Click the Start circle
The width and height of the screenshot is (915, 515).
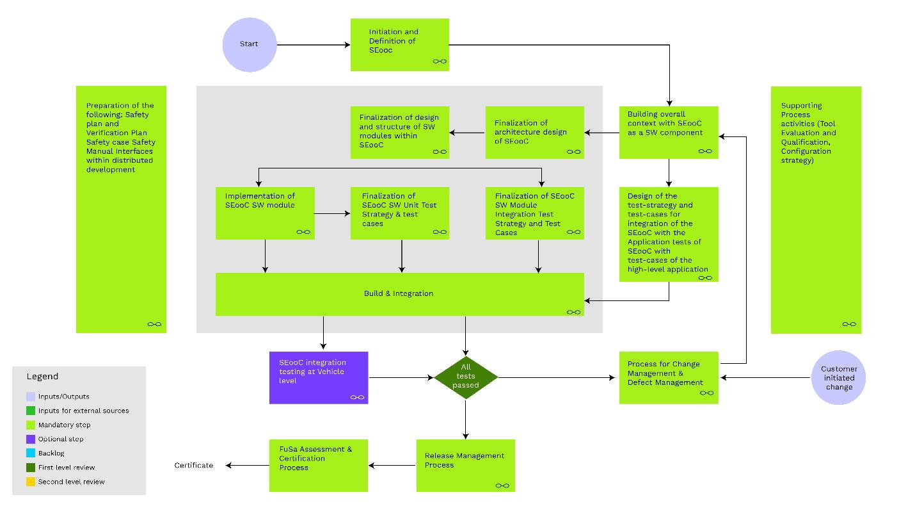[250, 45]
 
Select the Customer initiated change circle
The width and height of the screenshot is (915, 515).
[838, 377]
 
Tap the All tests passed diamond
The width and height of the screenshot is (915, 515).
[465, 377]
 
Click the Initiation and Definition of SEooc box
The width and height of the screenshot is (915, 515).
[399, 44]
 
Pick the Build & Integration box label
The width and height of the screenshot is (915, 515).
[399, 293]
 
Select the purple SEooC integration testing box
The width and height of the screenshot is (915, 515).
[319, 377]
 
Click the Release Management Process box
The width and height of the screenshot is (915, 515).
[465, 465]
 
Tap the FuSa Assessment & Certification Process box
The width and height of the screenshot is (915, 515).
[318, 465]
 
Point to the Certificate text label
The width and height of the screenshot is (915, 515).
[193, 465]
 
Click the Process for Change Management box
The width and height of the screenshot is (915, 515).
[668, 377]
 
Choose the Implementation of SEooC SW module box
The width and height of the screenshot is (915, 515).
[264, 213]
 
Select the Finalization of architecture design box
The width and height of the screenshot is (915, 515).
[534, 132]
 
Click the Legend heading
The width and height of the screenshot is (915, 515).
[42, 376]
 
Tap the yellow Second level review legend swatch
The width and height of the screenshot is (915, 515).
[31, 482]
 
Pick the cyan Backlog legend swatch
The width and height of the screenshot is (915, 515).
[31, 454]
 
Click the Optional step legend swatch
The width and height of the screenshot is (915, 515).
[31, 439]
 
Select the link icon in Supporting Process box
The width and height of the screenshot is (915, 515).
[849, 324]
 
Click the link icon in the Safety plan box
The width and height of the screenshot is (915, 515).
[154, 324]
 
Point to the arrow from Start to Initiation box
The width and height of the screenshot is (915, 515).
[314, 45]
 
